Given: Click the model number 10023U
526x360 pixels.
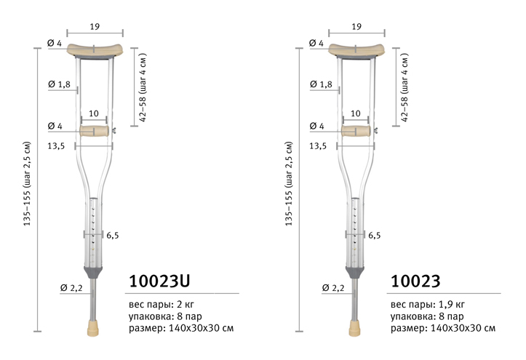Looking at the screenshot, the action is click(159, 281).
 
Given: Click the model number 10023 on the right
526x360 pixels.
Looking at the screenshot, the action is click(415, 281).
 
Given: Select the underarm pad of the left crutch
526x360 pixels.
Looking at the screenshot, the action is click(95, 50).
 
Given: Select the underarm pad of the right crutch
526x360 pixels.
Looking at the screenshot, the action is click(356, 50).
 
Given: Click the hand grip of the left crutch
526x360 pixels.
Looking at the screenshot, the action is click(95, 131).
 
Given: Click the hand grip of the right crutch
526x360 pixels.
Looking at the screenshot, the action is click(356, 131).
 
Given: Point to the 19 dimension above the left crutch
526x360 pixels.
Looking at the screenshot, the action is click(95, 26).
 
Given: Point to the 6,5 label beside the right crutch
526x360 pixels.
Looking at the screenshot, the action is click(375, 236).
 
